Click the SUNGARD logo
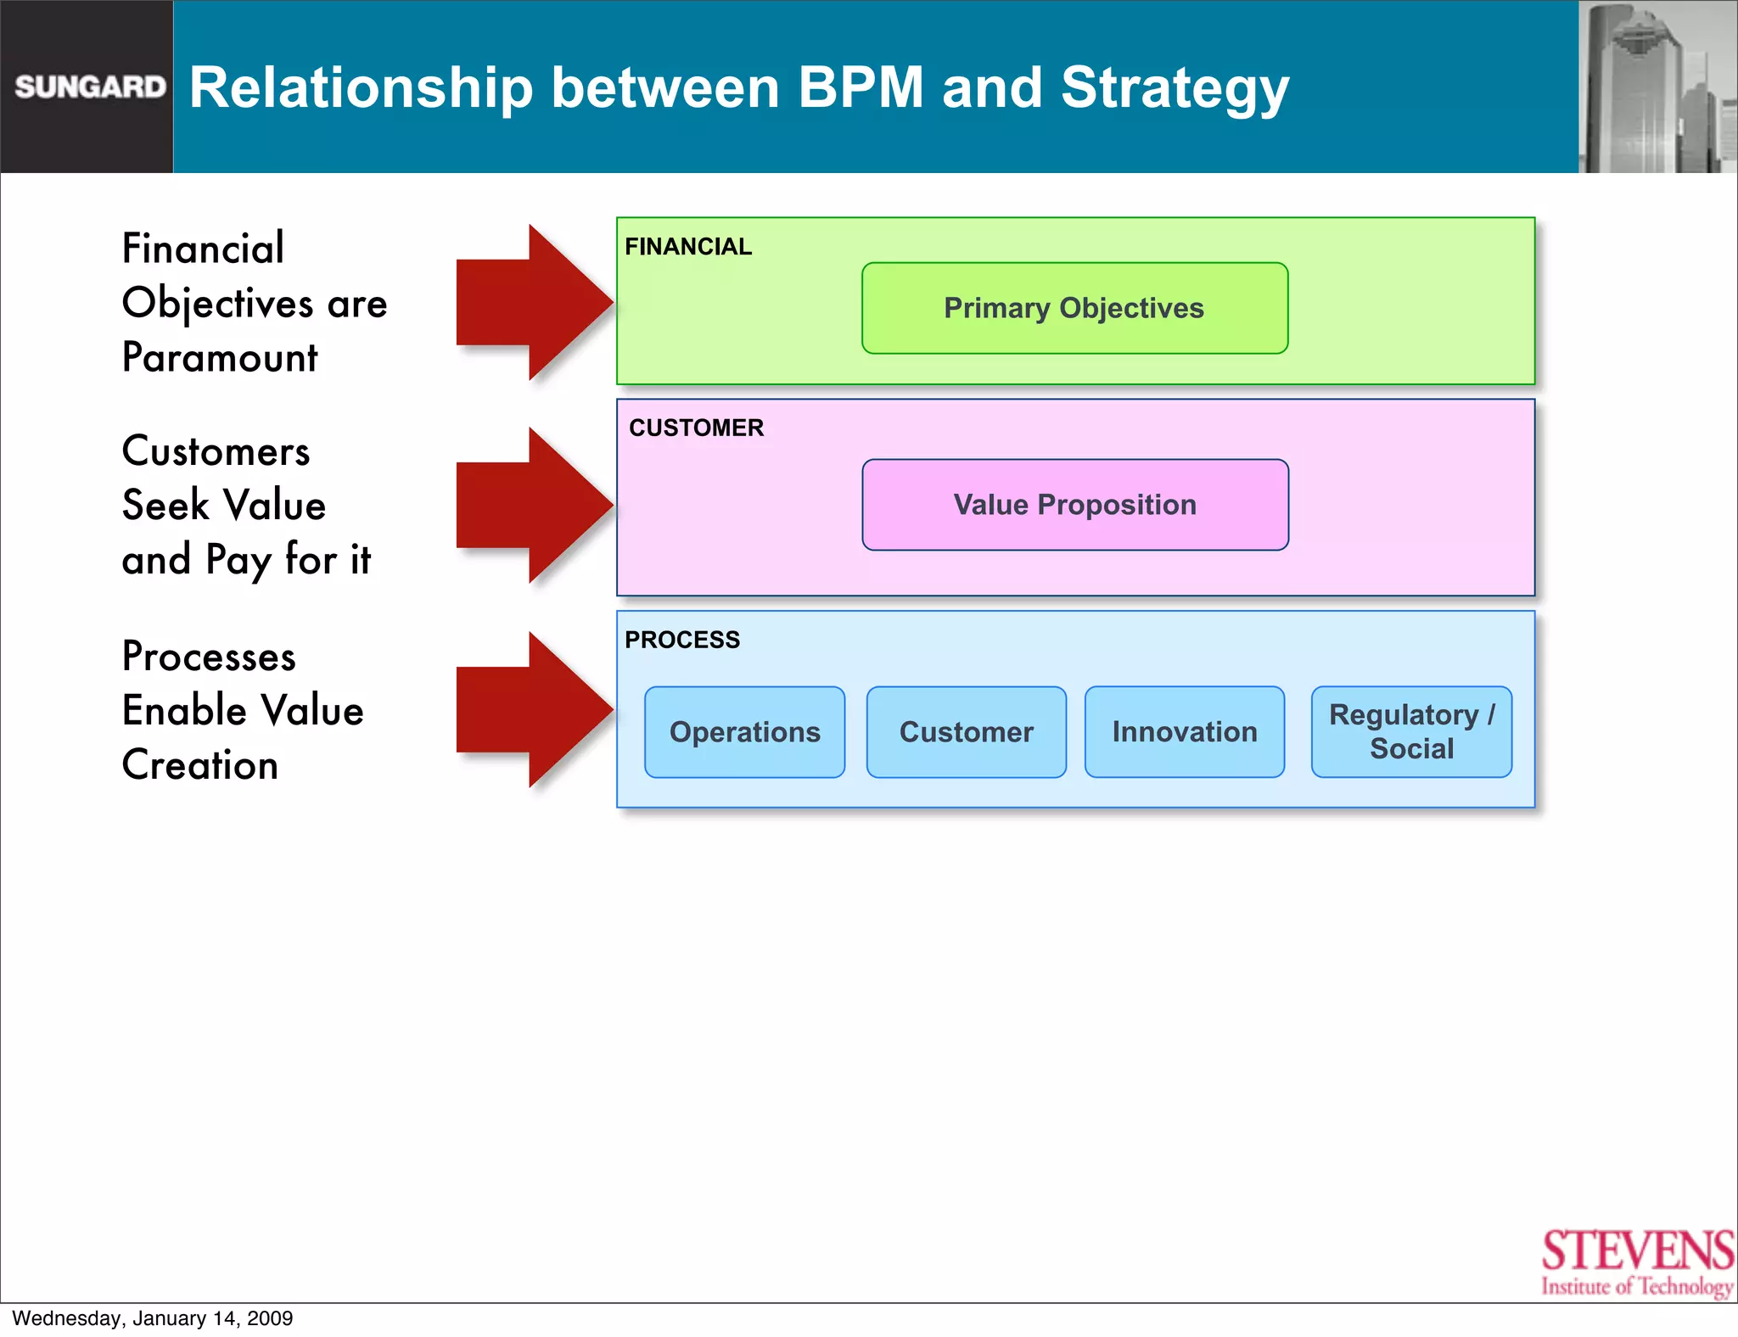pyautogui.click(x=89, y=87)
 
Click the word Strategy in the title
pyautogui.click(x=1175, y=88)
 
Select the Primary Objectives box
pyautogui.click(x=1074, y=308)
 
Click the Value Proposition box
pyautogui.click(x=1074, y=505)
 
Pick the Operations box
pyautogui.click(x=744, y=732)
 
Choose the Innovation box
pyautogui.click(x=1185, y=732)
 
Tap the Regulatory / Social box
pyautogui.click(x=1411, y=732)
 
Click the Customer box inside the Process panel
pyautogui.click(x=966, y=732)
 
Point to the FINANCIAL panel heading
pyautogui.click(x=688, y=247)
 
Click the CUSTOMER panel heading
pyautogui.click(x=696, y=428)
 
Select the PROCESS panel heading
pyautogui.click(x=682, y=640)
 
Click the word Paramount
pyautogui.click(x=220, y=358)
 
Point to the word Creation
pyautogui.click(x=200, y=765)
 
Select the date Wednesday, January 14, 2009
pyautogui.click(x=153, y=1318)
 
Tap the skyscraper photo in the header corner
pyautogui.click(x=1657, y=87)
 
